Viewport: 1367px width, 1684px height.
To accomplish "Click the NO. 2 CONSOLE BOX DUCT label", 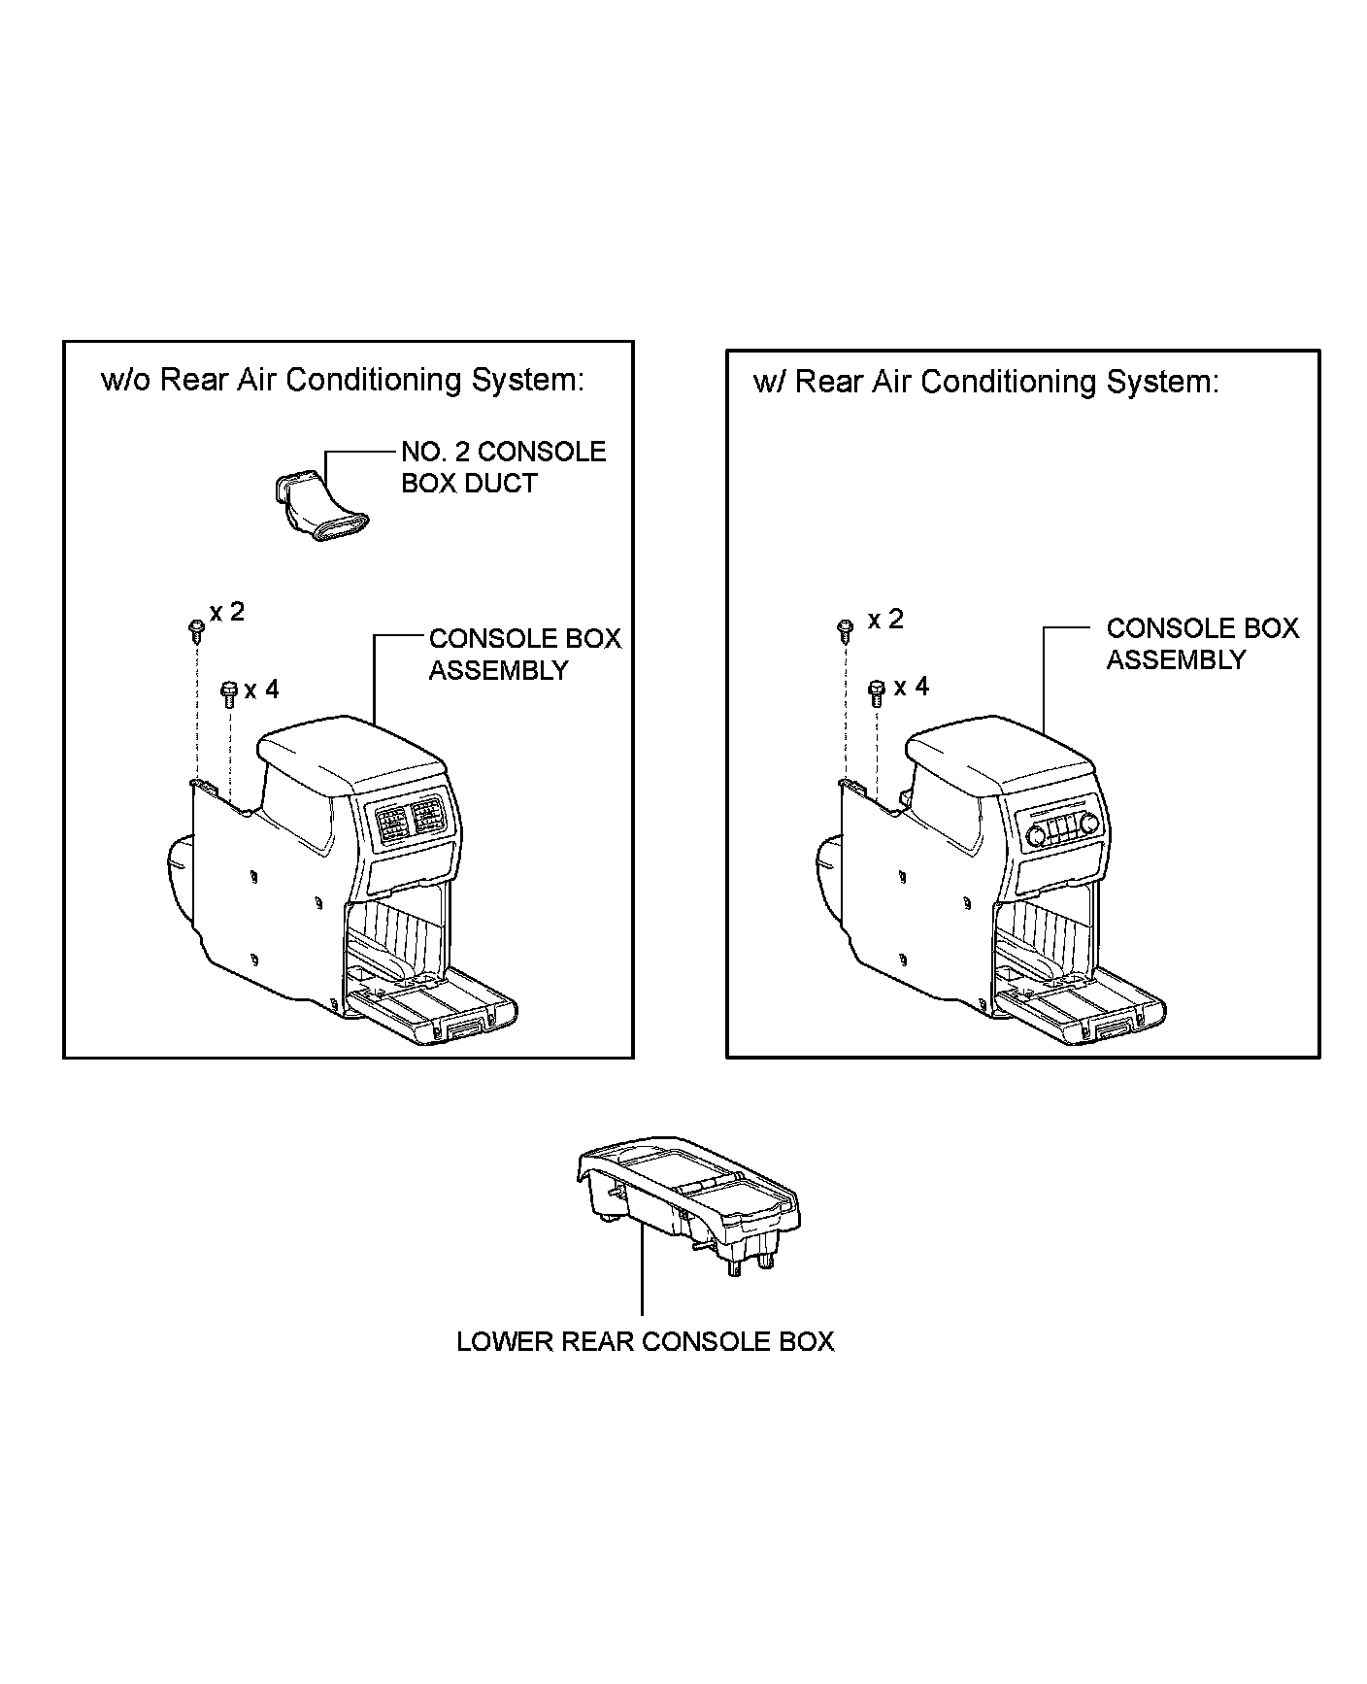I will coord(503,467).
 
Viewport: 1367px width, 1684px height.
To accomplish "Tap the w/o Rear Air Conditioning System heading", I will coord(343,380).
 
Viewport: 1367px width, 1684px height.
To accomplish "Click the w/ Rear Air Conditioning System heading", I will coord(985,382).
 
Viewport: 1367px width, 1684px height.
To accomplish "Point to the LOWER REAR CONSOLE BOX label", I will coord(645,1342).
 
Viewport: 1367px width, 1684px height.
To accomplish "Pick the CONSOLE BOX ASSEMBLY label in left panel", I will coord(524,655).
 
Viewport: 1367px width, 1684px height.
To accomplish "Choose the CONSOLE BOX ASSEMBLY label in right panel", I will coord(1202,644).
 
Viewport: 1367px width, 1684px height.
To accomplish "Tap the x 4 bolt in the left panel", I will coord(229,693).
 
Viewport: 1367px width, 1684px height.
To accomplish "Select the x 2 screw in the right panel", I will coord(845,628).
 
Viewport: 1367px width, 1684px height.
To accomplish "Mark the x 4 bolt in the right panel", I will coord(876,691).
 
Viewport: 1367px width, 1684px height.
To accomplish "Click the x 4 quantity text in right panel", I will coord(911,688).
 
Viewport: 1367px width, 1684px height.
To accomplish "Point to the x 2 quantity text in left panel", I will coord(227,612).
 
